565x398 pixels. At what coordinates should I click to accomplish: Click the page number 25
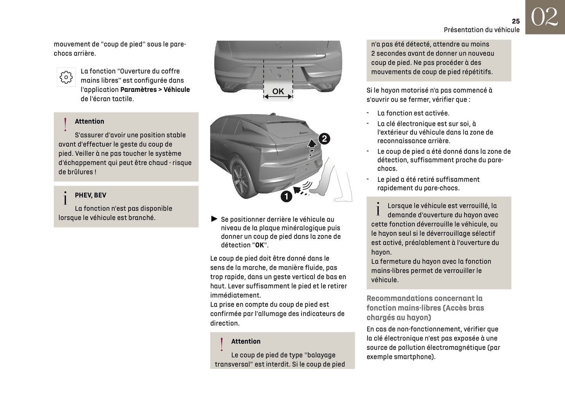pos(515,21)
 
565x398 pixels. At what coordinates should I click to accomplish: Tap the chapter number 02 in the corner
pos(544,17)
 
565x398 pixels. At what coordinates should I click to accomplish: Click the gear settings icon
pos(66,77)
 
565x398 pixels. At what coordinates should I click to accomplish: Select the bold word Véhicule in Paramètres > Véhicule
pos(176,90)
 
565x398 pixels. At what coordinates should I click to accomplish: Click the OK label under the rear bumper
pos(278,91)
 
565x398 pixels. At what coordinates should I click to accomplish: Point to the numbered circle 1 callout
pos(286,196)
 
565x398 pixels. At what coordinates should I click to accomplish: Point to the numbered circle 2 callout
pos(324,139)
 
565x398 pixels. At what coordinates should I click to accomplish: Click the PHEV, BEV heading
pos(90,195)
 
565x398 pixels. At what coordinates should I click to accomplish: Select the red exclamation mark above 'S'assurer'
pos(65,124)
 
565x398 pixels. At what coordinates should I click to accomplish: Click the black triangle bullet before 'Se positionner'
pos(214,219)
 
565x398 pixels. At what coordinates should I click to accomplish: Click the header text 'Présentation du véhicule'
pos(481,30)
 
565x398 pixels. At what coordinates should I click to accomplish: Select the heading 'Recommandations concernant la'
pos(424,298)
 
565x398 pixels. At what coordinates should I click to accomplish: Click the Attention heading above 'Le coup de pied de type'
pos(246,341)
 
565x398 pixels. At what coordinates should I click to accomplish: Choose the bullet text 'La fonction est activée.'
pos(413,113)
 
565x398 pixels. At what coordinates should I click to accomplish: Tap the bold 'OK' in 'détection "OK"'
pos(260,245)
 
